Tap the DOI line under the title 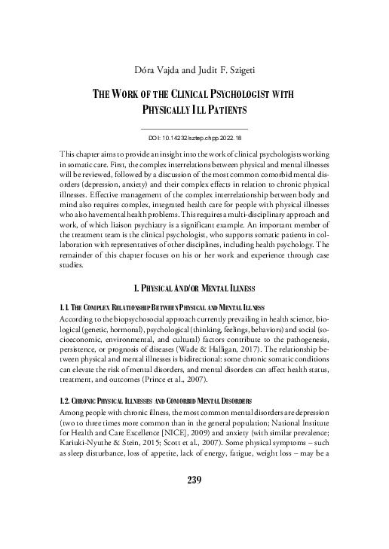(x=194, y=139)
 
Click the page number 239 (x=194, y=520)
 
